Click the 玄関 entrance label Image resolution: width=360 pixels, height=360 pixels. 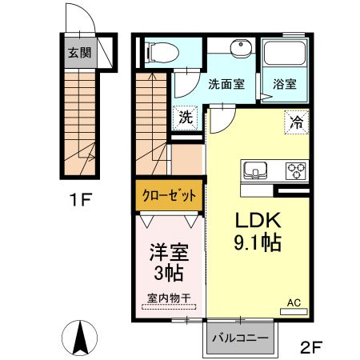[x=78, y=54]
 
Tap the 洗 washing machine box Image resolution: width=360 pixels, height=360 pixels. [x=186, y=117]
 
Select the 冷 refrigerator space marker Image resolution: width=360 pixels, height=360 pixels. [x=295, y=122]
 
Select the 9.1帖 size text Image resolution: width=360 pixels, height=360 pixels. [x=257, y=242]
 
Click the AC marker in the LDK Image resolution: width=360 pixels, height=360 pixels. [x=294, y=303]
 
